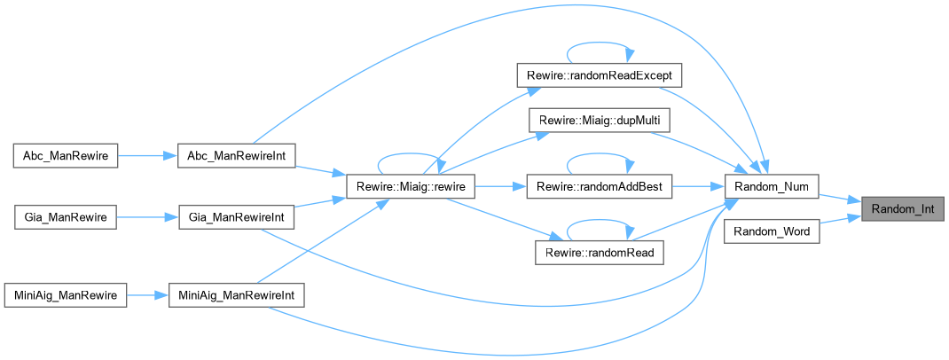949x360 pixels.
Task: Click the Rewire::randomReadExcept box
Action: pyautogui.click(x=600, y=75)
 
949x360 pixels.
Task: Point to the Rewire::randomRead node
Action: pyautogui.click(x=599, y=254)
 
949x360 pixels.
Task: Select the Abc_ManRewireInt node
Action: pyautogui.click(x=237, y=155)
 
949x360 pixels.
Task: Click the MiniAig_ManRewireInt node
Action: pyautogui.click(x=237, y=294)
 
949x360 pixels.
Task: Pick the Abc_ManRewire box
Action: pyautogui.click(x=64, y=155)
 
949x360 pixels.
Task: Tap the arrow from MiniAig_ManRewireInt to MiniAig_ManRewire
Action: pyautogui.click(x=147, y=294)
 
